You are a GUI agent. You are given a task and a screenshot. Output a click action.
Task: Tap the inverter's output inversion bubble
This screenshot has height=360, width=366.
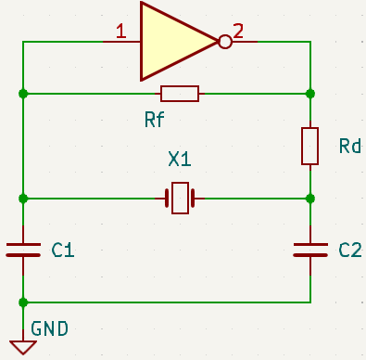coord(225,42)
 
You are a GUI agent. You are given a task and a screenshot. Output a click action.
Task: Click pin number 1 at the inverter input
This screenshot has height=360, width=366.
coord(121,32)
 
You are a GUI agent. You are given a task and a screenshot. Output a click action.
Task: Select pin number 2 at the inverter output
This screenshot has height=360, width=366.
coord(238,32)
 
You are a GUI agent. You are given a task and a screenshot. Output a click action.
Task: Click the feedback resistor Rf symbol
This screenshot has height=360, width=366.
coord(180,94)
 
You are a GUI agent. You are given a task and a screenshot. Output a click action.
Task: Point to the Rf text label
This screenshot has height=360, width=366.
coord(155,120)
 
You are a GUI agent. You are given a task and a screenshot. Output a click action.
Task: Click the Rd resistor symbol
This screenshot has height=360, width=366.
coord(309,146)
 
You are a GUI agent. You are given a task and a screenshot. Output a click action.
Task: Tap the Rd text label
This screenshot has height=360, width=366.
coord(350,146)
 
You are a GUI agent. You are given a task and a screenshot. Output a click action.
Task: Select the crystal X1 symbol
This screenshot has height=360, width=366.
coord(180,199)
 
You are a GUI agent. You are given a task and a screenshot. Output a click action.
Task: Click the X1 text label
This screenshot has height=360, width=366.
coord(180,159)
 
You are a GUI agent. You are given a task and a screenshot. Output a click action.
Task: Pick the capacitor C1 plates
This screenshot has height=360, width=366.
coord(23,250)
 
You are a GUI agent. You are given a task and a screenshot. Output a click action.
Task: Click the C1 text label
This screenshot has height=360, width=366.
coord(63,250)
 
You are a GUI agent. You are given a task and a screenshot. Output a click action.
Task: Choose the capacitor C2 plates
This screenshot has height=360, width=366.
coord(310,250)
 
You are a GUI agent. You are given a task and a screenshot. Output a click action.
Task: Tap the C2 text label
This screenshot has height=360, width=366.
coord(350,250)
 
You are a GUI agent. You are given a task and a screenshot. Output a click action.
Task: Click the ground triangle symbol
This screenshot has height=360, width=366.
coord(23,348)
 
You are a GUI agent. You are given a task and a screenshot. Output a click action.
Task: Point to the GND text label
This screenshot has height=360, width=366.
coord(49,328)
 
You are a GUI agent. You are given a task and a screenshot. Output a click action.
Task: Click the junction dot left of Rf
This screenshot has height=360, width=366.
coord(23,94)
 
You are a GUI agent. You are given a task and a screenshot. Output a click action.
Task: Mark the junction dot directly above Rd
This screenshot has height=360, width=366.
coord(310,94)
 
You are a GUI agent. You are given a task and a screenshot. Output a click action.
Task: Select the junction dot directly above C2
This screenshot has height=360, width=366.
coord(310,199)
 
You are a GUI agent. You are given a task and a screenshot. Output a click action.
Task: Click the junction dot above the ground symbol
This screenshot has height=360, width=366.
coord(23,302)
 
